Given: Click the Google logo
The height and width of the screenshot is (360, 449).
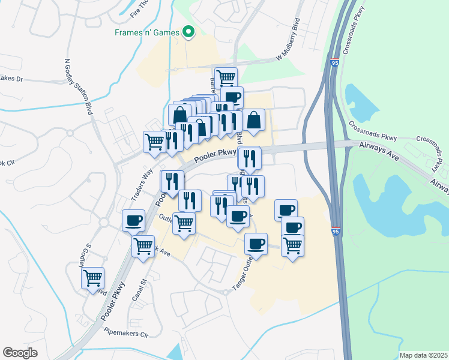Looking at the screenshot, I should (x=20, y=352).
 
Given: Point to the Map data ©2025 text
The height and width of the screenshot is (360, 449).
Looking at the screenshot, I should (x=423, y=355).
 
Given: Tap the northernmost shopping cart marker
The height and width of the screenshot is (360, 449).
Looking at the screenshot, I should (x=226, y=77).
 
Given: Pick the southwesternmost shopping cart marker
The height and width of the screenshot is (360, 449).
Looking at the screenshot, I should (x=93, y=278).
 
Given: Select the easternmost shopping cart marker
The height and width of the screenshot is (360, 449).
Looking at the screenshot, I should (x=292, y=244).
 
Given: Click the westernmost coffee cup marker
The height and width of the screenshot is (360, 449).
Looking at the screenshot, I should (x=133, y=220).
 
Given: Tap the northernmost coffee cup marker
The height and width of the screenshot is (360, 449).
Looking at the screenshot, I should (x=232, y=97).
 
